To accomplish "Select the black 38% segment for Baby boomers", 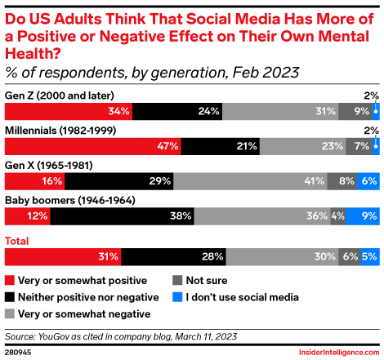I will coord(123,216).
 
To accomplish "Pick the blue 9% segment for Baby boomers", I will coord(362,216).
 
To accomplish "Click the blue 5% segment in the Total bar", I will coord(369,256).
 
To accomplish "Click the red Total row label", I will coord(19,240).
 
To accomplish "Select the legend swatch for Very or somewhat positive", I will coord(11,278).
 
